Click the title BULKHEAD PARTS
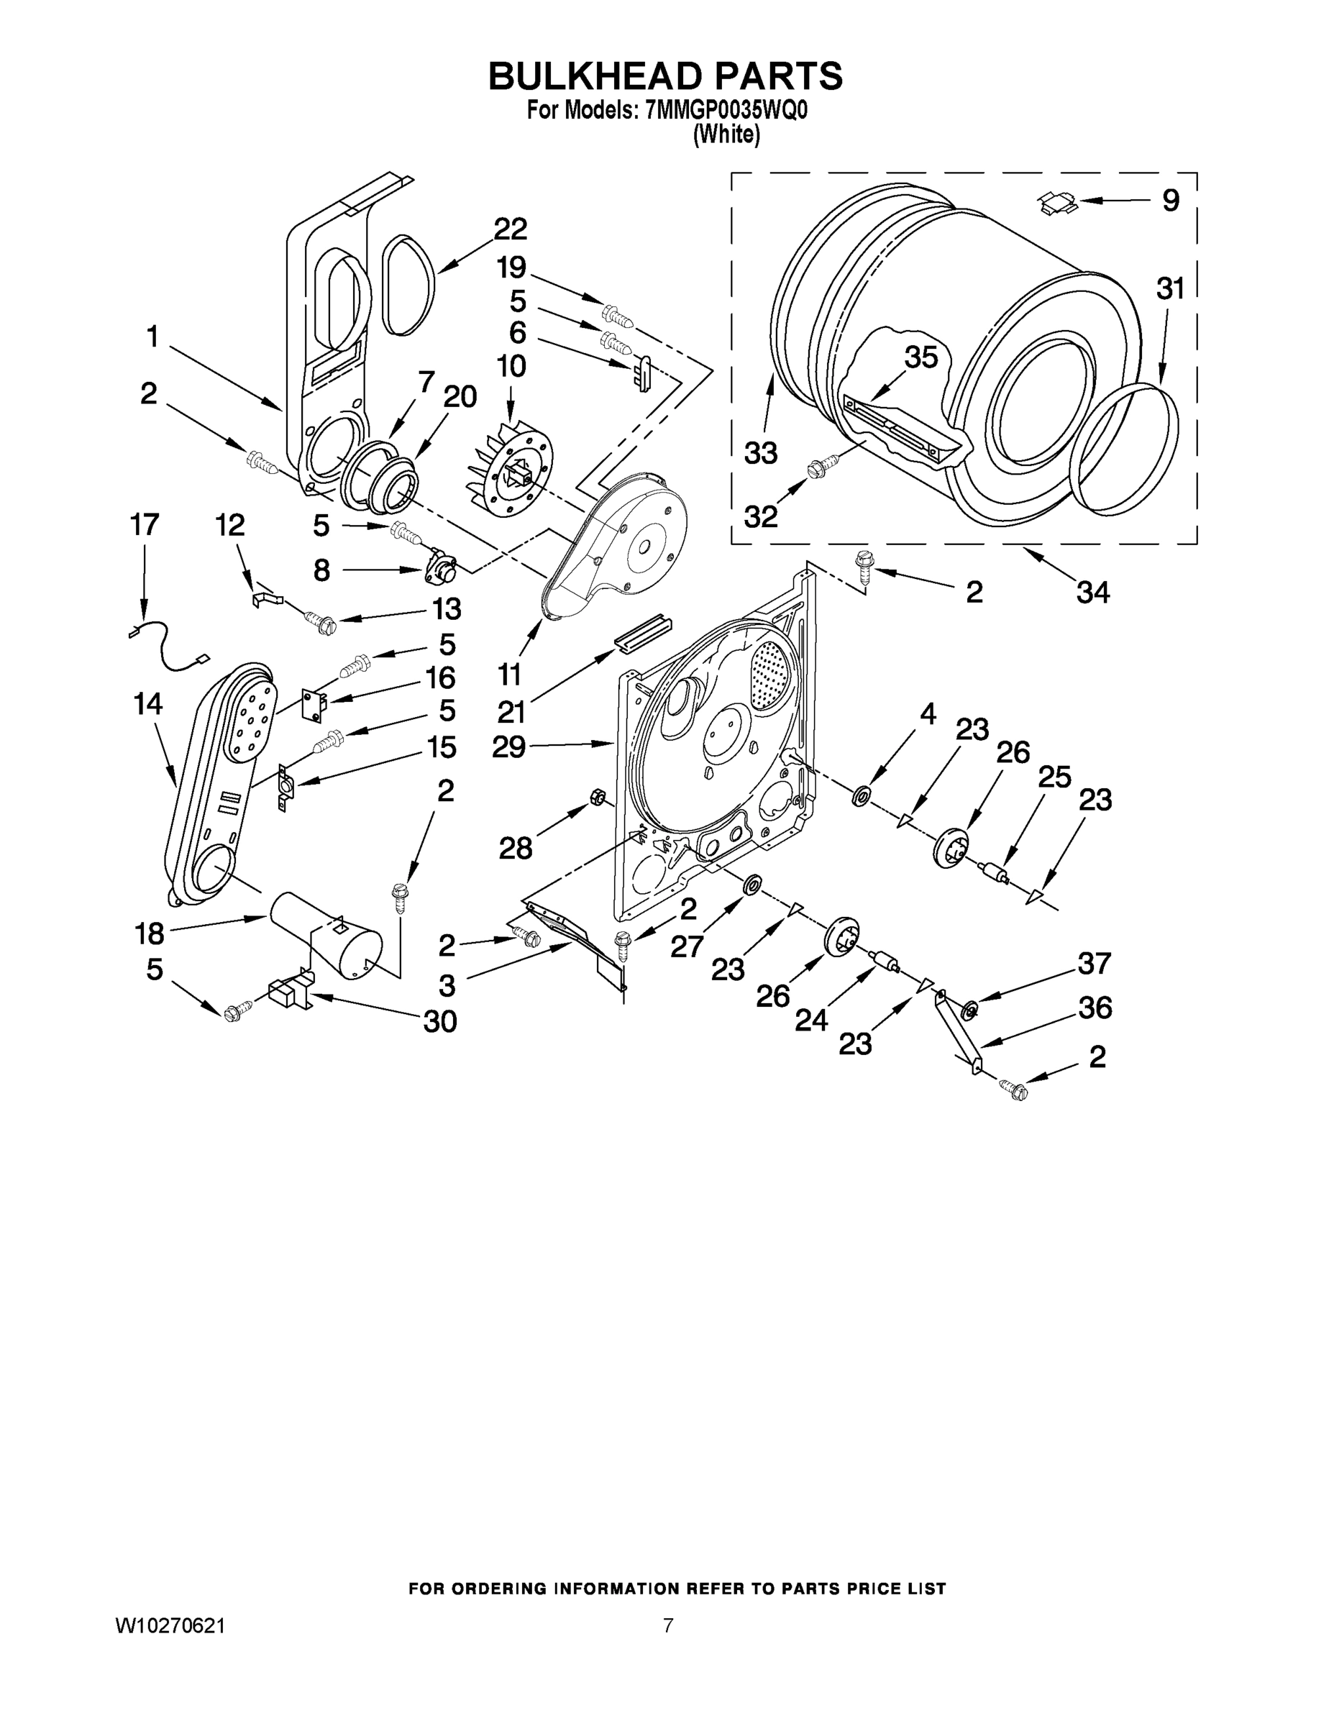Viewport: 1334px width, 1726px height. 665,76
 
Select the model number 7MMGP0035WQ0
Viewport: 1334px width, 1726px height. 727,110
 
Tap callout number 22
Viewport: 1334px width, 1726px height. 510,229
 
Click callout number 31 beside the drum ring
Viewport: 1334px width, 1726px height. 1171,288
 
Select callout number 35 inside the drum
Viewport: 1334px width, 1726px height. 920,357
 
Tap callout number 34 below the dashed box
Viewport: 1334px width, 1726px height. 1092,591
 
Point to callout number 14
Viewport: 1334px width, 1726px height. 148,703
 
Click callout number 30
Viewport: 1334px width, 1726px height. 440,1022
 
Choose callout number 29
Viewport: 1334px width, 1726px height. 508,746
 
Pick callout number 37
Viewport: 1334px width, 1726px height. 1095,964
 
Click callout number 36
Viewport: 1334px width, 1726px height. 1095,1008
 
